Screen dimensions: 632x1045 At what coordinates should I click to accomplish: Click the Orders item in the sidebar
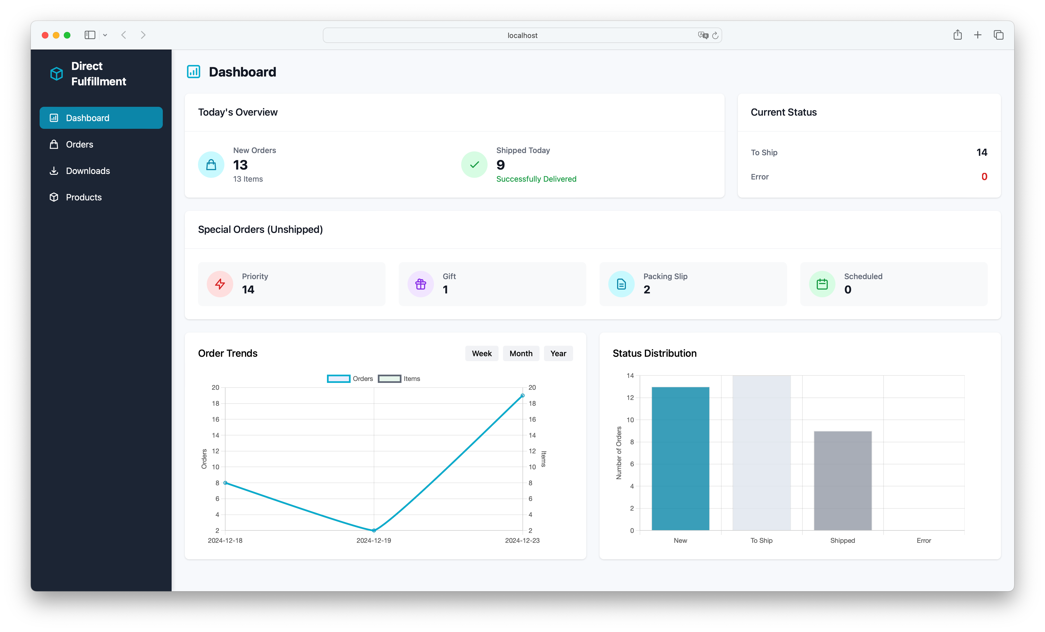79,144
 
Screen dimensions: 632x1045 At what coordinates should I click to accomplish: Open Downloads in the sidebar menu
87,171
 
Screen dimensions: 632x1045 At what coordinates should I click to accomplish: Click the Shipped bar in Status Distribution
842,481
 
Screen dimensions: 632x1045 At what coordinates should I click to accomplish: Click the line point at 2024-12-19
374,530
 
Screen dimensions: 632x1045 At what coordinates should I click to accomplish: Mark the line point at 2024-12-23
522,395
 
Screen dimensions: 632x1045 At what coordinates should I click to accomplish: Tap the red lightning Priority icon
220,284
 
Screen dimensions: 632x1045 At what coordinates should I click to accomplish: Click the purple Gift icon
420,284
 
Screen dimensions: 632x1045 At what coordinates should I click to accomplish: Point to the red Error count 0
984,176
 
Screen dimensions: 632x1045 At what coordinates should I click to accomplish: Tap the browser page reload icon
715,35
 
